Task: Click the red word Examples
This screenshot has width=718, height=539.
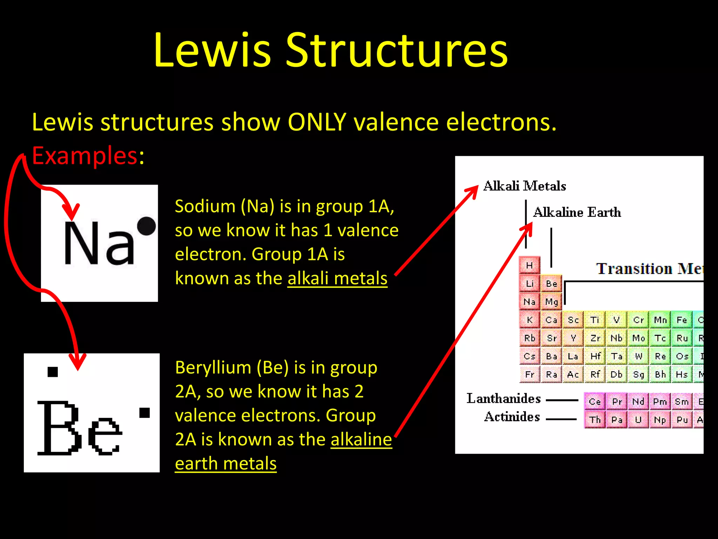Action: (x=84, y=155)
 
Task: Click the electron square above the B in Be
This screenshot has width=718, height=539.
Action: (x=53, y=372)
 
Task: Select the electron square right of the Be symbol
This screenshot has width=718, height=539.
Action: (x=144, y=413)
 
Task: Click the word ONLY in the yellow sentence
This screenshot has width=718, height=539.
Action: (x=317, y=122)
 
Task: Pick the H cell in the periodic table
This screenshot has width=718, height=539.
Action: (x=529, y=265)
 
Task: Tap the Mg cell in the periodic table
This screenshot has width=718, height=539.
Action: (x=551, y=302)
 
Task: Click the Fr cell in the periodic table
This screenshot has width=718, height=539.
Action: (x=529, y=374)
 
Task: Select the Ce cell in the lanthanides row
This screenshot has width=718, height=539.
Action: (x=595, y=401)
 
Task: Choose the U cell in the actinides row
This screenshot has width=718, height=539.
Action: (x=638, y=420)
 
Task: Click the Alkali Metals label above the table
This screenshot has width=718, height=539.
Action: (x=524, y=186)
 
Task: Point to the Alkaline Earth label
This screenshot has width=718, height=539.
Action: (x=577, y=212)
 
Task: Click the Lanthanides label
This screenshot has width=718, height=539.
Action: (x=503, y=399)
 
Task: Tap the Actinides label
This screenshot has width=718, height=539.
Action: (x=512, y=417)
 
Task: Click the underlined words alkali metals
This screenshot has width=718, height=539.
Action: (x=337, y=279)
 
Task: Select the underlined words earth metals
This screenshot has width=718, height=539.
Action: (x=226, y=464)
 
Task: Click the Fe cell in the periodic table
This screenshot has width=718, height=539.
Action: (x=682, y=320)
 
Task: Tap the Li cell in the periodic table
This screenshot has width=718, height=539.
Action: (x=529, y=284)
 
